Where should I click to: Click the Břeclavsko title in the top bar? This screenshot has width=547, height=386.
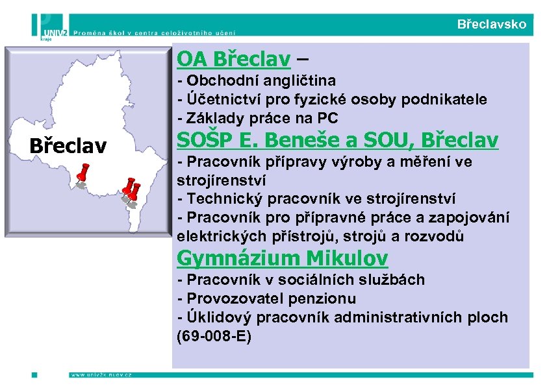(x=492, y=25)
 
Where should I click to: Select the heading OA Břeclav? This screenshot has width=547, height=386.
(x=234, y=59)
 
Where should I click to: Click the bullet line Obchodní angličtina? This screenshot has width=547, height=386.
(x=256, y=81)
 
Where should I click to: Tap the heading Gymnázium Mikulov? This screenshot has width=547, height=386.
(x=282, y=258)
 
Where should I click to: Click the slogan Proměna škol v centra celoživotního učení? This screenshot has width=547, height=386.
(x=155, y=31)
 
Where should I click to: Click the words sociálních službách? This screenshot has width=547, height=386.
(x=367, y=280)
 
